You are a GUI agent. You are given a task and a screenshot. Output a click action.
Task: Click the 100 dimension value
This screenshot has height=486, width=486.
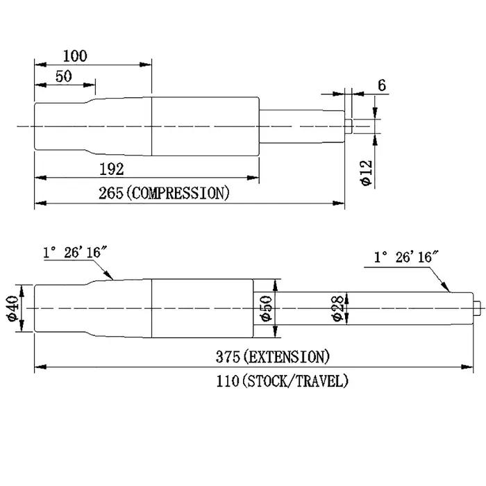tap(75, 56)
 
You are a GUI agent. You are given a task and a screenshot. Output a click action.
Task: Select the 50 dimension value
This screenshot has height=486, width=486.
tap(64, 76)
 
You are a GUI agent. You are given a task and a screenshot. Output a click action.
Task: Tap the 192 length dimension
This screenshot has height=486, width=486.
tap(112, 169)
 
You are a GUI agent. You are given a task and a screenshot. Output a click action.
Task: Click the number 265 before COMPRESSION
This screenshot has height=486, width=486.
tap(111, 193)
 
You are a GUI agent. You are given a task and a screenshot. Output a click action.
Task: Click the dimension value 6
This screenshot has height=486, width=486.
tap(382, 85)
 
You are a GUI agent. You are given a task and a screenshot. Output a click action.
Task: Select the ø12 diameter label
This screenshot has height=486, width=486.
tap(367, 173)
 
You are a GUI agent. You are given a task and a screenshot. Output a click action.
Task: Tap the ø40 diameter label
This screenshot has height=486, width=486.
tap(13, 308)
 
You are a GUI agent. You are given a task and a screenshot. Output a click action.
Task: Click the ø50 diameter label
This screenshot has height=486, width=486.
tap(266, 308)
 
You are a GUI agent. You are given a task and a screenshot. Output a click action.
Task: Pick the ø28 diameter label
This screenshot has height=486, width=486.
tap(337, 308)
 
